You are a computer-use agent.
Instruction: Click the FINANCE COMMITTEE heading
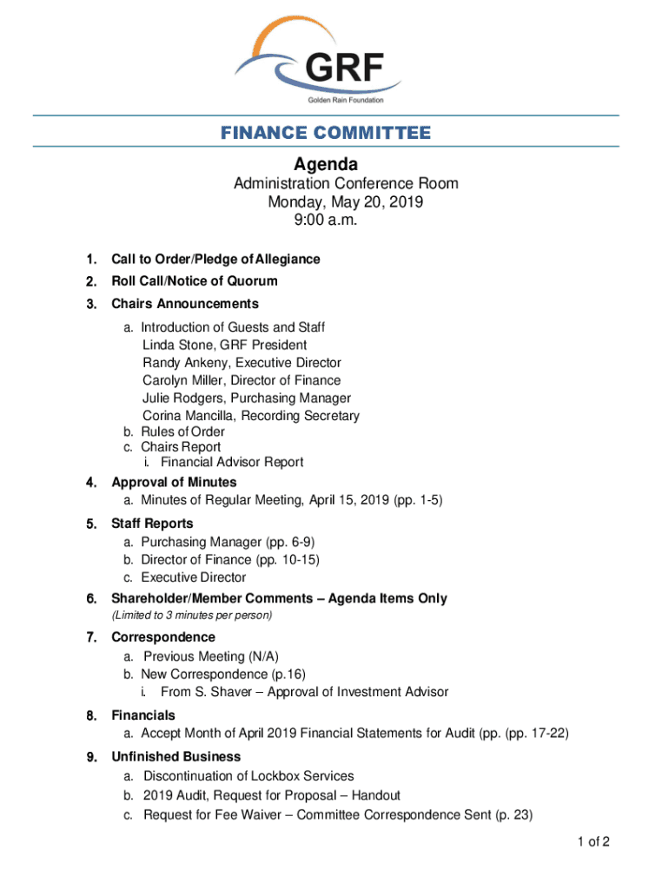325,133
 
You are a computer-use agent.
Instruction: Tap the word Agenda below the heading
325,164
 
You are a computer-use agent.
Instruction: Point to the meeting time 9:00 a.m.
327,221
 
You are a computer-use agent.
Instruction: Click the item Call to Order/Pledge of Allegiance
215,259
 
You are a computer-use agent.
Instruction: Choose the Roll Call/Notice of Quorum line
195,281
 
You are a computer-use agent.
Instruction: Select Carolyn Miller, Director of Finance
242,380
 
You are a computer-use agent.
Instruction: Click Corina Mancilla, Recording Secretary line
250,416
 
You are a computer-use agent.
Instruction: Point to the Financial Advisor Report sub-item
231,462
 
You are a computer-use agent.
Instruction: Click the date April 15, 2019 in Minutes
371,500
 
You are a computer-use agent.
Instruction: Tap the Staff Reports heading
152,524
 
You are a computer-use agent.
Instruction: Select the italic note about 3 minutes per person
192,616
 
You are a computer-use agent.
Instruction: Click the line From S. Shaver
304,692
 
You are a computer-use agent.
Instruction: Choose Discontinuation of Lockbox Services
248,776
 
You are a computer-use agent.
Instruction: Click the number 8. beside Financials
90,715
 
